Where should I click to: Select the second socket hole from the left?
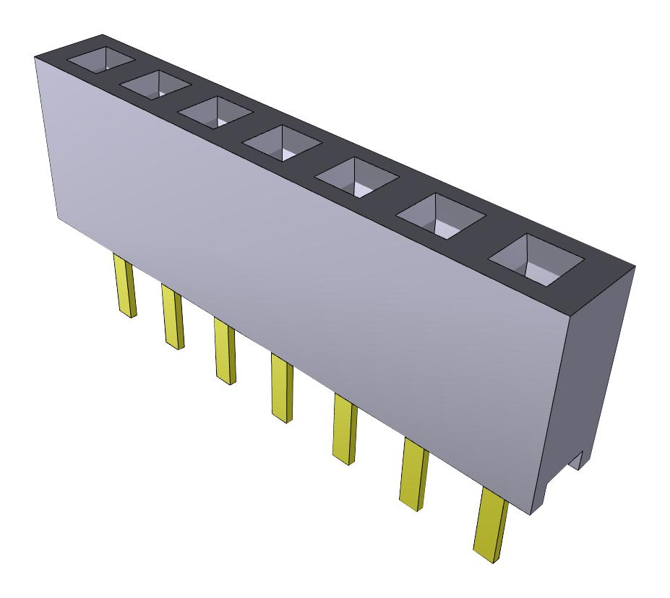pos(155,85)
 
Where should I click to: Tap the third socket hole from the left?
pos(215,112)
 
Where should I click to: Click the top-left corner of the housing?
pos(36,58)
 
